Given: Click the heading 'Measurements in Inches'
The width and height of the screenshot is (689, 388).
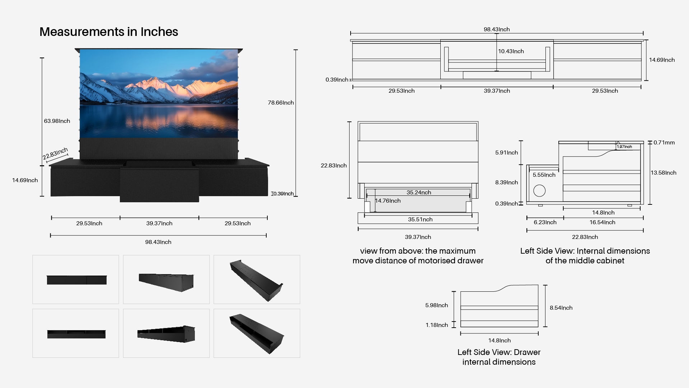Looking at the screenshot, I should coord(109,32).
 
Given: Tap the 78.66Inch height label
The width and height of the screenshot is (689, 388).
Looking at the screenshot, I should coord(281,103).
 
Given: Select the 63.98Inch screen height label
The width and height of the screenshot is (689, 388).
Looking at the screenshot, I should coord(57,121).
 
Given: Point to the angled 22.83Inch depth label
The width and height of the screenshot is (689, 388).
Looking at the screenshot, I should coord(55,154).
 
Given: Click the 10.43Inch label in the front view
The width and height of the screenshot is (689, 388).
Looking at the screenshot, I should coord(511,51).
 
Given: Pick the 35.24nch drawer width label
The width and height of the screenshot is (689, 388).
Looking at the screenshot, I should coord(419,193).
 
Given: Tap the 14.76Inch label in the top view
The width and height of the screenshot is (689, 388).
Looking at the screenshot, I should coord(388,201).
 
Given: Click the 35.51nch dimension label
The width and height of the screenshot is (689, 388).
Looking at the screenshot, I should coord(420,220).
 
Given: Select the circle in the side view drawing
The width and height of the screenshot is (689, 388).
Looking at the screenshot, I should coord(539,191).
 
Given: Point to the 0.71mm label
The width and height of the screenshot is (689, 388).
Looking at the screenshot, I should coord(664,143).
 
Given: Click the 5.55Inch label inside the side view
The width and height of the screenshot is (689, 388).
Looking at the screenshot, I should coord(544,175).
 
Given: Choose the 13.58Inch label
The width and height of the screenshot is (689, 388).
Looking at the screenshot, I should coord(664,173).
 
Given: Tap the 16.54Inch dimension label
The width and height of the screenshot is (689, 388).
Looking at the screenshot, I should coord(602,222).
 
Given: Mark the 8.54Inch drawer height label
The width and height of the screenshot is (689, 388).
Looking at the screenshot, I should coord(561,308).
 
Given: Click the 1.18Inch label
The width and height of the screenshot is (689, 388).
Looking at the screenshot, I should coord(437,325).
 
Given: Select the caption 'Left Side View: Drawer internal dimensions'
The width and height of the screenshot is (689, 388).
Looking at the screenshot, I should coord(499,357).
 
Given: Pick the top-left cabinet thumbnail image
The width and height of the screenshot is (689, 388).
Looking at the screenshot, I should coord(76,280).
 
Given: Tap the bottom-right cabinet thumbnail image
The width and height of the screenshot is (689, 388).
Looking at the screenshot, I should coord(257,333).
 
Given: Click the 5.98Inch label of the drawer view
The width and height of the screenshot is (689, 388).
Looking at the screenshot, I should coord(436,305).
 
